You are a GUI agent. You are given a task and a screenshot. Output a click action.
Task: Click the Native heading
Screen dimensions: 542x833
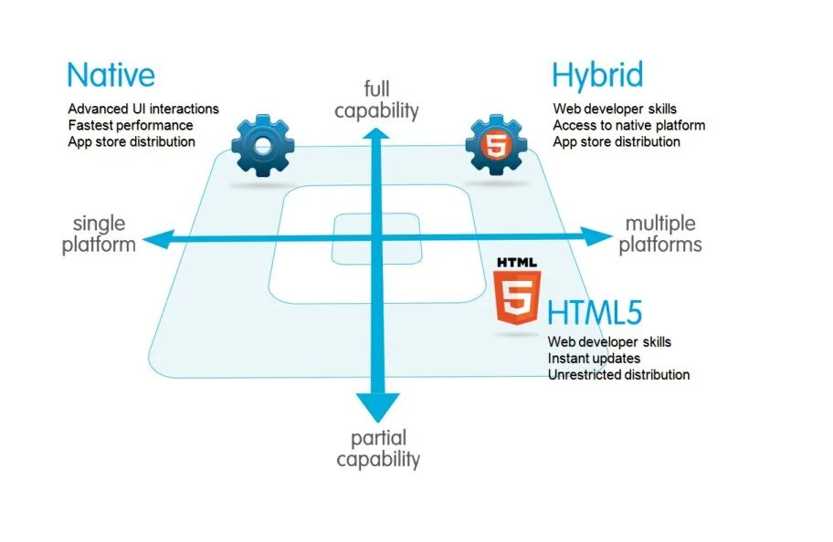pyautogui.click(x=111, y=74)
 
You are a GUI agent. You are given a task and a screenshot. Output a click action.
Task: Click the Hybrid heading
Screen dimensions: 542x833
pyautogui.click(x=596, y=74)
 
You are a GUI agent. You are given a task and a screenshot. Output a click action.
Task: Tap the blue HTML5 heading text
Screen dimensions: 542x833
pyautogui.click(x=595, y=313)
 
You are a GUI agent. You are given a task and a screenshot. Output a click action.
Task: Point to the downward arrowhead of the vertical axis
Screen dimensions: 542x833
pyautogui.click(x=377, y=406)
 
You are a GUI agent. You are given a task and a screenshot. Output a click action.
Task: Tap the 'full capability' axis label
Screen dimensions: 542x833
pyautogui.click(x=376, y=99)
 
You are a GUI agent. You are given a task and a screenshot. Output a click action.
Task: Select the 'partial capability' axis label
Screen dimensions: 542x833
pyautogui.click(x=378, y=448)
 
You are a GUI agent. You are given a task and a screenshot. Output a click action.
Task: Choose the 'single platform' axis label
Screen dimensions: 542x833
pyautogui.click(x=99, y=234)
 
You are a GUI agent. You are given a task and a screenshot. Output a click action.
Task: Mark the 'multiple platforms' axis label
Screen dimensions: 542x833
pyautogui.click(x=660, y=234)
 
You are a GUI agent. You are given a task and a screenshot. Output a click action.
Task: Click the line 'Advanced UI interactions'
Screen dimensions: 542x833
pyautogui.click(x=143, y=109)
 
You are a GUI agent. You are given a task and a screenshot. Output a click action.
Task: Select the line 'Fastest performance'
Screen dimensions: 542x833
pyautogui.click(x=131, y=125)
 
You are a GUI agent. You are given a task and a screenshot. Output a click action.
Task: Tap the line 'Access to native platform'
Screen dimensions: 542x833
pyautogui.click(x=628, y=125)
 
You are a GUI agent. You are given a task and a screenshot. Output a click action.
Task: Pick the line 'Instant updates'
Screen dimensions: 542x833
pyautogui.click(x=594, y=358)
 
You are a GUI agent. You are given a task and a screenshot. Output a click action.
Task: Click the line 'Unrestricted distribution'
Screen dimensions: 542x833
pyautogui.click(x=618, y=374)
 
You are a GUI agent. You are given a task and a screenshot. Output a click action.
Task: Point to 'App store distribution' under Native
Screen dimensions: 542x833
pyautogui.click(x=132, y=141)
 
